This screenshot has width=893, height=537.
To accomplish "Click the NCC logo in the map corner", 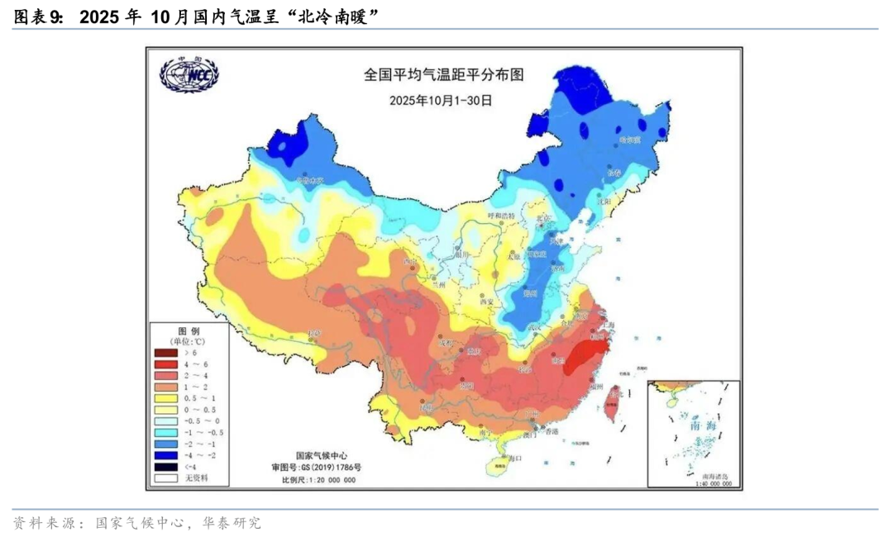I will (x=189, y=75).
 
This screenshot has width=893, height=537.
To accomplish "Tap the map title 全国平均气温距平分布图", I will (x=444, y=75).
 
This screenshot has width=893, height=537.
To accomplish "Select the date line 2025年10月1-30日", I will (x=441, y=100).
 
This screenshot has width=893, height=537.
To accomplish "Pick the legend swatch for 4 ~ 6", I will (x=166, y=364).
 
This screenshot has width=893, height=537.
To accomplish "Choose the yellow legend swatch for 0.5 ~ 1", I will (x=166, y=398).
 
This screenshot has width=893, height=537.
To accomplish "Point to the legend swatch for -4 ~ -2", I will (x=166, y=455).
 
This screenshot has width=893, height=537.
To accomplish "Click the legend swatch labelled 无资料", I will (x=166, y=478).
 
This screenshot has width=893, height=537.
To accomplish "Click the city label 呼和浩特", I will (x=500, y=216).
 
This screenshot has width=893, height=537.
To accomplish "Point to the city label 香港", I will (x=549, y=431).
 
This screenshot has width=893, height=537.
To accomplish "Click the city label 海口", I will (x=516, y=457).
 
